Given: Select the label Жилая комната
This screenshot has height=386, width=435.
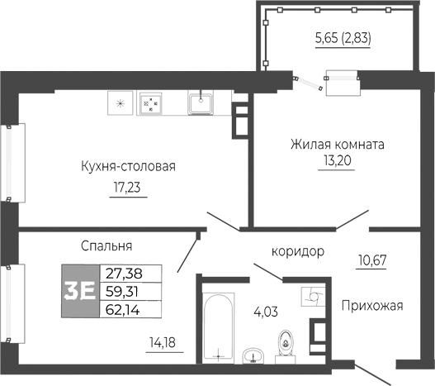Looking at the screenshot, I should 337,143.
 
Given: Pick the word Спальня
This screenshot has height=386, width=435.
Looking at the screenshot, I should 107,245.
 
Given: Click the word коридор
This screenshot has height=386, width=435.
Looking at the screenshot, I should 297,251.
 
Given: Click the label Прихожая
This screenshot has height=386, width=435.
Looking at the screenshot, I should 371,306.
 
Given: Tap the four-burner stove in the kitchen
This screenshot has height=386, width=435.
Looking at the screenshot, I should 149,103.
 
